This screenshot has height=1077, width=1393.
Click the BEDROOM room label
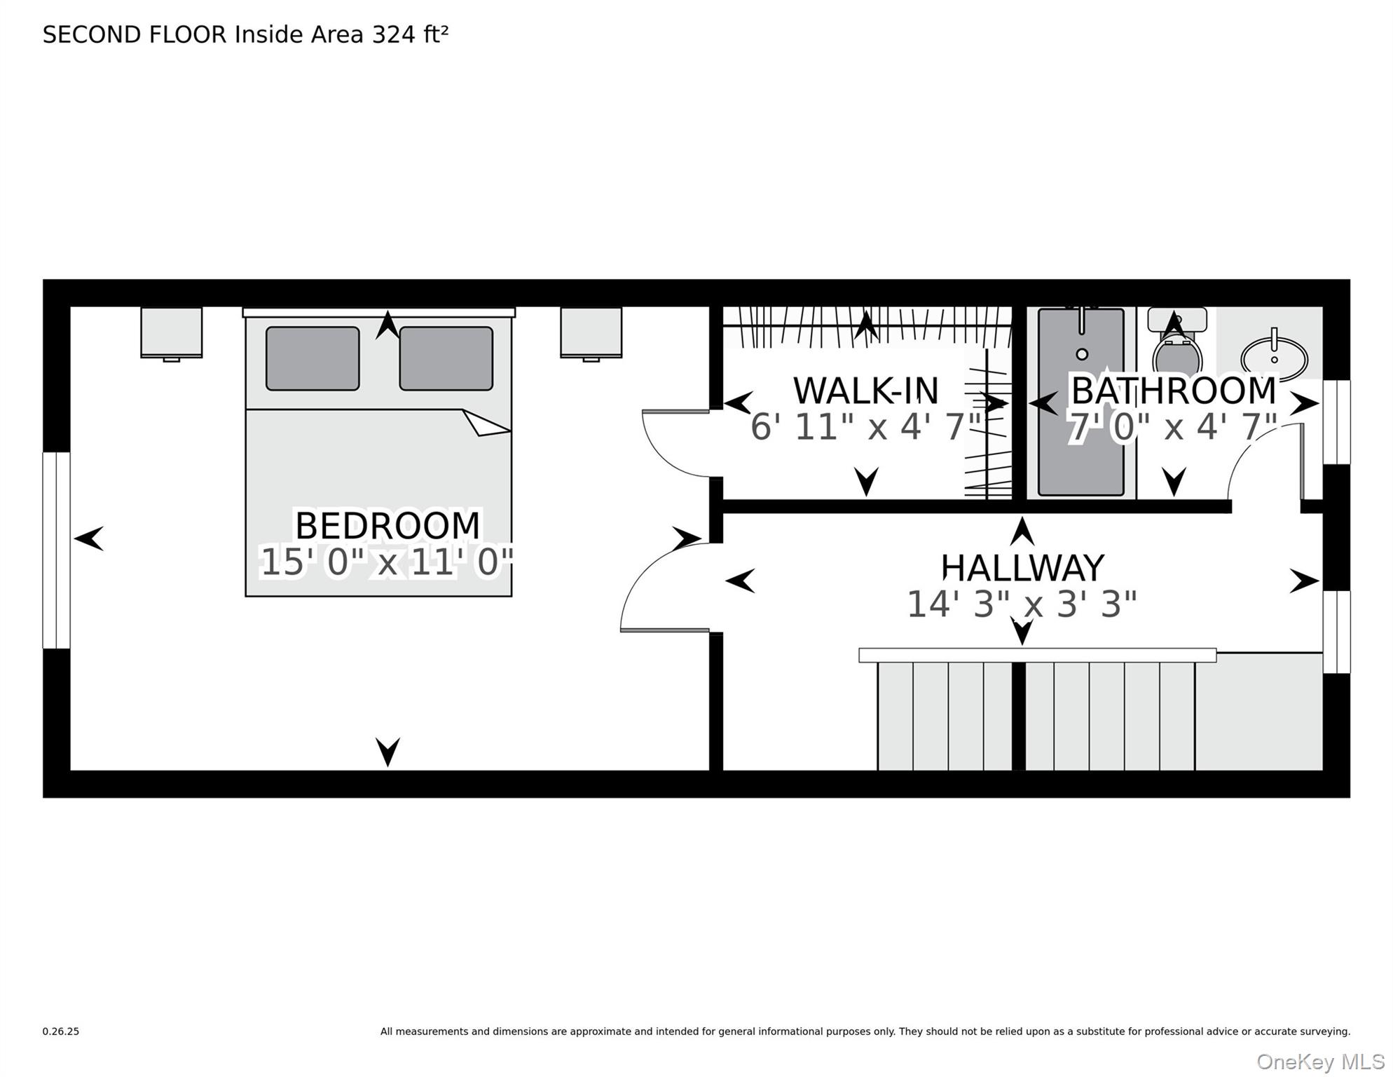pos(387,526)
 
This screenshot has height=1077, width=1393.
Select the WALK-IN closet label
pos(865,391)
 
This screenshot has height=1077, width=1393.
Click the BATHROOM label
pos(1174,391)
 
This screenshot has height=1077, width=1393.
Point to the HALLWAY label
pos(1022,568)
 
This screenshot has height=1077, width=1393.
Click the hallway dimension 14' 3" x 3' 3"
pos(1022,604)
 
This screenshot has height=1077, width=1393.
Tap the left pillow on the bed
pos(313,358)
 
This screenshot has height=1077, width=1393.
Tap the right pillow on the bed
pos(446,358)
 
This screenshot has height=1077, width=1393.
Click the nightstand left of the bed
pos(172,332)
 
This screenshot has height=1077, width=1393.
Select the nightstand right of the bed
pos(591,332)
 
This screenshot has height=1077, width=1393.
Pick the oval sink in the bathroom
pos(1274,358)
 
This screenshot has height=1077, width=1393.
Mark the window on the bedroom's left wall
pos(57,550)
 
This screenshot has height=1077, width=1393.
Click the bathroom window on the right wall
pos(1336,422)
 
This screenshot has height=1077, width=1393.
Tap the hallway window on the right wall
pos(1336,632)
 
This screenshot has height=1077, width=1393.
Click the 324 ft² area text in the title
pos(410,34)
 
